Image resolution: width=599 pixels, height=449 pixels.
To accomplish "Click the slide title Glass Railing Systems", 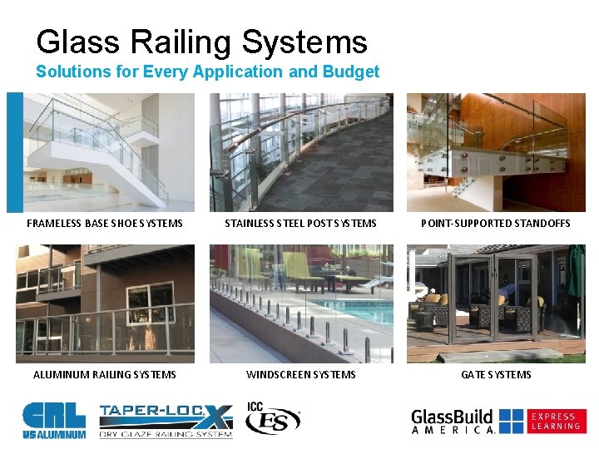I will point(201,42).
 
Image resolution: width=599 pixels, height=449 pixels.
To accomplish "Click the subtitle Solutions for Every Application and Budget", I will point(207,72).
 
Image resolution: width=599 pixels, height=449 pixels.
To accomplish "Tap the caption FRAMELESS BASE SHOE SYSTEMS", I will point(105,223).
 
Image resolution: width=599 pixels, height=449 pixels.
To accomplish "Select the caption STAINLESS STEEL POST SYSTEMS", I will point(300,223).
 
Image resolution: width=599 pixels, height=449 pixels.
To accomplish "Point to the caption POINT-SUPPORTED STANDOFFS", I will point(496,223).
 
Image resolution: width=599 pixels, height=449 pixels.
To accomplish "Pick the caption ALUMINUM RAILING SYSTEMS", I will point(105,374).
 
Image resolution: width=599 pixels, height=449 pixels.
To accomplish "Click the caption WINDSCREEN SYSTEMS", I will point(300,374).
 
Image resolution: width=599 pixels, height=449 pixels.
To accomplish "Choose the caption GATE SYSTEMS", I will point(496,374).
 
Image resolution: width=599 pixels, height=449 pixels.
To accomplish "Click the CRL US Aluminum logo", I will point(53,420).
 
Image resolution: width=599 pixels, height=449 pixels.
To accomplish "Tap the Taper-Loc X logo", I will point(165,420).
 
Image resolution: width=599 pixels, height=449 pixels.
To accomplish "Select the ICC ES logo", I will point(272,419).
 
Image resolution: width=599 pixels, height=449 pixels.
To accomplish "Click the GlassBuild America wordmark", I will point(453,421).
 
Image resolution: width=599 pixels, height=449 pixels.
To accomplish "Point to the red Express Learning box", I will point(556,421).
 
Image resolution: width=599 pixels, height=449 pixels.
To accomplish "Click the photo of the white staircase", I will point(105,152).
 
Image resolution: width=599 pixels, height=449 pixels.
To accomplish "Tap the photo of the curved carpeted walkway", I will point(300,152).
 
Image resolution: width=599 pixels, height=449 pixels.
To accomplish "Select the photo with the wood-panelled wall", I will point(496,152).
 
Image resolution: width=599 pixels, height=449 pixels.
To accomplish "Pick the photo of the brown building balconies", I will point(105,303).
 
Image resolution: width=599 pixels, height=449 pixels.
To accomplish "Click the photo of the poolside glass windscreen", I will point(300,303).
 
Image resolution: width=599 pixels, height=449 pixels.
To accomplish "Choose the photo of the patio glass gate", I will point(496,303).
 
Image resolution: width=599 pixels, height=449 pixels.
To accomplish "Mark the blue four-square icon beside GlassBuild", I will point(511,421).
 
